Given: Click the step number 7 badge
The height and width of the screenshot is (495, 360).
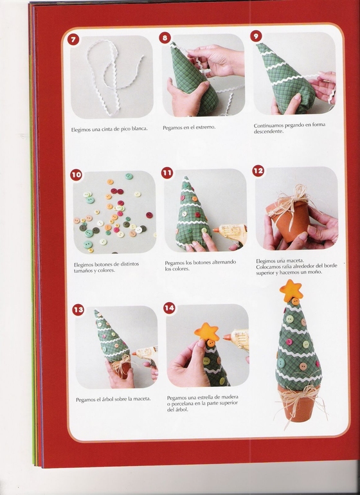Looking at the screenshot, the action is tap(73, 39).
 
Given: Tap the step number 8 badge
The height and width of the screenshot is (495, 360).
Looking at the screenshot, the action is tap(165, 38).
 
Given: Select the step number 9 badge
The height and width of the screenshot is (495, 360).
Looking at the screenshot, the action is tap(256, 36).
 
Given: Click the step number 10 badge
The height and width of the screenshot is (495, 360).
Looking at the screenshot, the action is tap(76, 175).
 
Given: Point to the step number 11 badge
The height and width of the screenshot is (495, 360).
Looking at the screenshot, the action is tap(167, 173).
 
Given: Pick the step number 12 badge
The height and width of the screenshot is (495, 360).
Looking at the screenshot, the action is tap(258, 171).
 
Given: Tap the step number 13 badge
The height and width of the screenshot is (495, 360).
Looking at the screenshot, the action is tap(78, 310).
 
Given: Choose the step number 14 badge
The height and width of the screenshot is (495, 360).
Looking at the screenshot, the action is tap(169, 308).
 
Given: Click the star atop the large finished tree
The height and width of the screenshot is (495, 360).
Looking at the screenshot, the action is tap(291, 291).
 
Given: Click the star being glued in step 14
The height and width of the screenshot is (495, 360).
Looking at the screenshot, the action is tap(206, 332).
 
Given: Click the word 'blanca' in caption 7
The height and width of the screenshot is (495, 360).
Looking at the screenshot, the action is tap(139, 129).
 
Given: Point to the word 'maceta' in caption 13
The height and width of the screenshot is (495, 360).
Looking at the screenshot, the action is tap(142, 399).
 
